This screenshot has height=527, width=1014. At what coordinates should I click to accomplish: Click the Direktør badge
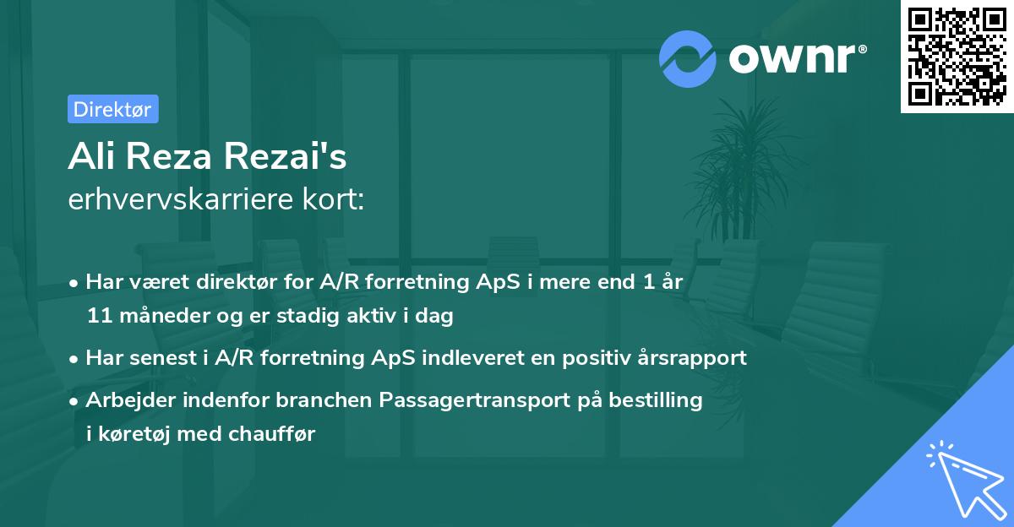[112, 109]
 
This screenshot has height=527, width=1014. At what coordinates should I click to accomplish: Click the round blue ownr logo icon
[687, 59]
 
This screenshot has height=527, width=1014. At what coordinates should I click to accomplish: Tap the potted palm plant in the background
[752, 169]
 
